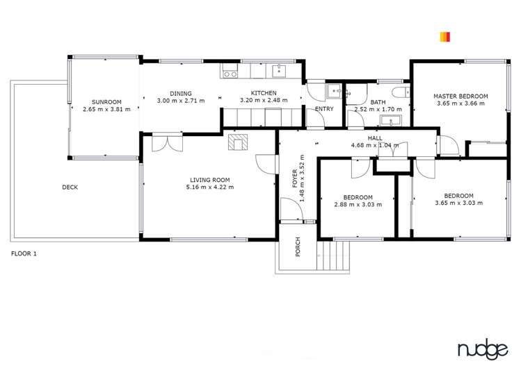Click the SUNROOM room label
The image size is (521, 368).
(106, 101)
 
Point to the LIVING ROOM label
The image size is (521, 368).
(210, 180)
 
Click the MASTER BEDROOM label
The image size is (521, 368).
(460, 96)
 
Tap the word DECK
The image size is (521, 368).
(70, 187)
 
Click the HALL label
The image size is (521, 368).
(375, 139)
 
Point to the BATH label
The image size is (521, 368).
(378, 102)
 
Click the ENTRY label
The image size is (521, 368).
(324, 109)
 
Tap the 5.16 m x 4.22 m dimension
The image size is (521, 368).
(210, 187)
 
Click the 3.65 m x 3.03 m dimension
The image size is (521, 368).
(458, 203)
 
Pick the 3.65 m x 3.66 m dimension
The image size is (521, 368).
(460, 103)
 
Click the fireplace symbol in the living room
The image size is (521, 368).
(237, 142)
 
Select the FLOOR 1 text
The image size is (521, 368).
(24, 253)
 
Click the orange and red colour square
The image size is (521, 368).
(445, 37)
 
